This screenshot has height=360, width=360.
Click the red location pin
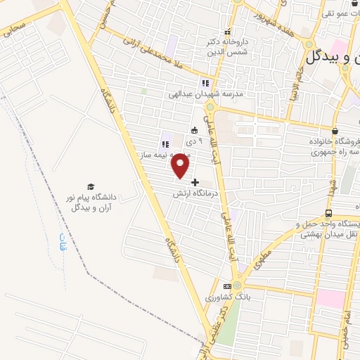[x=181, y=165]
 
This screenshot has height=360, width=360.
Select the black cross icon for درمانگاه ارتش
[x=195, y=182]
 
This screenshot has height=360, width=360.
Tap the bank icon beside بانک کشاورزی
[x=227, y=286]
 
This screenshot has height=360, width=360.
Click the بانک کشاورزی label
[x=226, y=297]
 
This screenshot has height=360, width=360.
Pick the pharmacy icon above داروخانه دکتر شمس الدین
[x=226, y=32]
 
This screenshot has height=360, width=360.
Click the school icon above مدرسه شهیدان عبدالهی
[x=205, y=83]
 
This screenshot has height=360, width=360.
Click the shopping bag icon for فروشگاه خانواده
[x=335, y=131]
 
